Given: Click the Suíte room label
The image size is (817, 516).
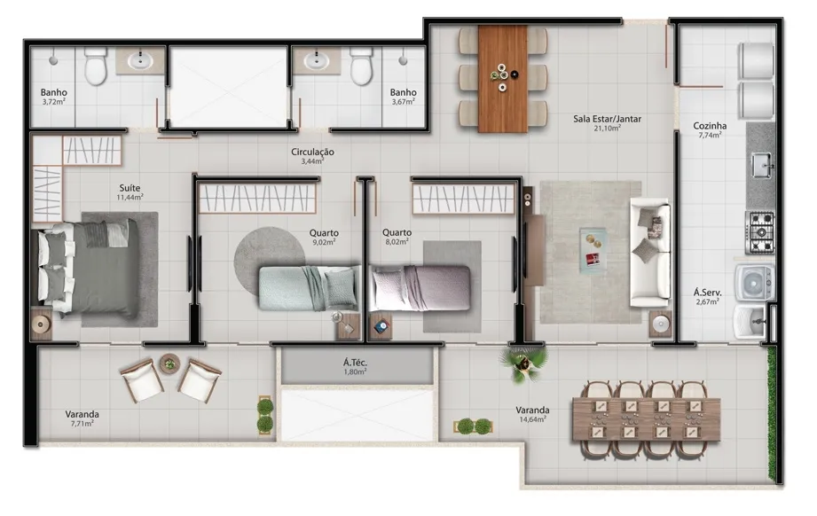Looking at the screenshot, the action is (130, 188).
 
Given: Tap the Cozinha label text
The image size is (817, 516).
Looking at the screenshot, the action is (710, 126).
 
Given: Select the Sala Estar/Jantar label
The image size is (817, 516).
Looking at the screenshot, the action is (607, 119).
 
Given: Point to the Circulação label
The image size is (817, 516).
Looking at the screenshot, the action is (312, 152).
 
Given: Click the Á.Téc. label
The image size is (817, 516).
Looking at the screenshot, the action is (355, 363).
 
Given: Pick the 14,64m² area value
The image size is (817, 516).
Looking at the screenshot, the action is (532, 419).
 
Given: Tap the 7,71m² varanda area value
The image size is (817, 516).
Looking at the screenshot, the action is (82, 423).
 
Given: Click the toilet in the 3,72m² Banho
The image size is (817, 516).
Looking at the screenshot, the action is (95, 66).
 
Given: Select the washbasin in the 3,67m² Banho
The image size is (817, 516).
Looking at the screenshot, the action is (315, 60).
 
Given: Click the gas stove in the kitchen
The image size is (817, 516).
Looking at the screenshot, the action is (761, 232).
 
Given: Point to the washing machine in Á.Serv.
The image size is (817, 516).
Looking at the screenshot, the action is (755, 283).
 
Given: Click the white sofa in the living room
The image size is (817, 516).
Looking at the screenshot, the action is (649, 253).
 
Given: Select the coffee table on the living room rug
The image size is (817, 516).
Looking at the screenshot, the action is (593, 250).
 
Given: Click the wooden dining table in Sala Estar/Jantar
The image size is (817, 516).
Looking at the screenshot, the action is (503, 79).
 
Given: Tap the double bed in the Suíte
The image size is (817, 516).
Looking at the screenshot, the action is (86, 269).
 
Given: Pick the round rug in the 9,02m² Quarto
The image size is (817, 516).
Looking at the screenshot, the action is (269, 258).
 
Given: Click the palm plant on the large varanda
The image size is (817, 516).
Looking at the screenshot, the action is (523, 362).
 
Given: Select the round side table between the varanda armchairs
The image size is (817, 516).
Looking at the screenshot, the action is (169, 363).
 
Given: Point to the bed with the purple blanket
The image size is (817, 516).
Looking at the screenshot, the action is (420, 288).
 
